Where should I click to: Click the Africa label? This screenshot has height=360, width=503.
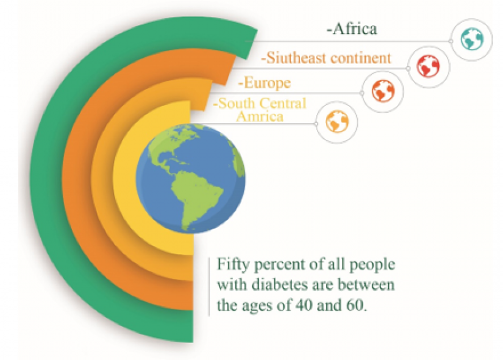click(352, 29)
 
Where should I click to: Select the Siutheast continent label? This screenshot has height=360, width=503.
click(326, 58)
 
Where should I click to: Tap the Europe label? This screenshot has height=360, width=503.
click(265, 83)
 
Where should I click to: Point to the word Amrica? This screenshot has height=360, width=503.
click(260, 116)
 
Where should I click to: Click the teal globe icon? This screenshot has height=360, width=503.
click(472, 40)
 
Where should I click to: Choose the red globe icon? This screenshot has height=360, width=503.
click(428, 66)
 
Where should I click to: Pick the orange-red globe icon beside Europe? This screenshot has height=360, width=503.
click(383, 91)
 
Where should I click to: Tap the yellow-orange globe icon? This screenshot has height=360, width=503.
click(337, 121)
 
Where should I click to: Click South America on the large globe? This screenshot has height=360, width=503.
click(196, 199)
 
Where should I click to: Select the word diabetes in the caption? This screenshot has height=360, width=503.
click(280, 284)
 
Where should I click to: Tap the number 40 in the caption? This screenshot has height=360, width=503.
click(302, 306)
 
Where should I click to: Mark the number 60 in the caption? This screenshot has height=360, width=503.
click(356, 306)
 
